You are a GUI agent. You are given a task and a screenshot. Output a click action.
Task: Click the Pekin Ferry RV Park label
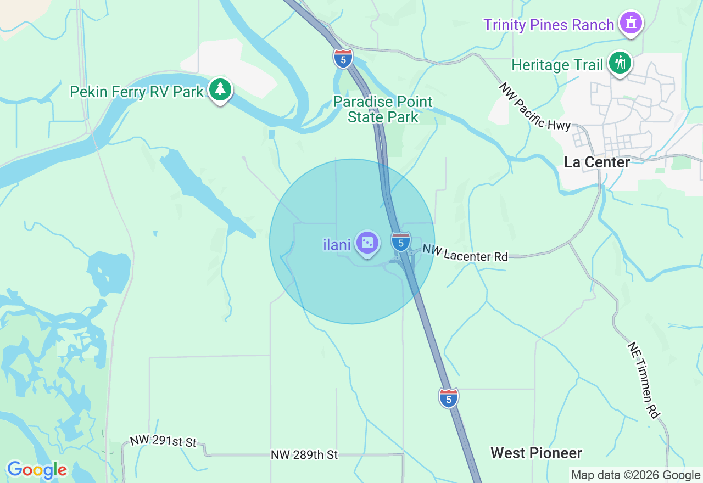[x=137, y=92]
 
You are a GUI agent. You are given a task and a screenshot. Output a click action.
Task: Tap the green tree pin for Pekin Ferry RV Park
[x=220, y=89]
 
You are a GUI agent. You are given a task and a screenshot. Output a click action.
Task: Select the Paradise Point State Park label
[x=383, y=109]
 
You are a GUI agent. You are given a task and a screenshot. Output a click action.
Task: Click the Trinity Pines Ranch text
[x=549, y=25]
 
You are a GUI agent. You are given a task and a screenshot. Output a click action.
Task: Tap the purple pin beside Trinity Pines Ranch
[x=631, y=23]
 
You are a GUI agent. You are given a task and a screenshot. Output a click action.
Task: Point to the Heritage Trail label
[x=557, y=65]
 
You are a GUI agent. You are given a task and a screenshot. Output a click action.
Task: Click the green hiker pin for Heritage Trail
[x=620, y=63]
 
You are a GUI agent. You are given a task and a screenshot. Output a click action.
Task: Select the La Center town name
[x=597, y=162]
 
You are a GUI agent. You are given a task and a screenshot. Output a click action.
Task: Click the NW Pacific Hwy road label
[x=535, y=106]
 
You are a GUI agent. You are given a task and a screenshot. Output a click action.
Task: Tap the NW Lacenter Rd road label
[x=465, y=253]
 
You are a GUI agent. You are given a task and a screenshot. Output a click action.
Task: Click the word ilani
[x=337, y=245]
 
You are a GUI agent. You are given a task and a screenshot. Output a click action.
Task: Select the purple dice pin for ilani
[x=367, y=243]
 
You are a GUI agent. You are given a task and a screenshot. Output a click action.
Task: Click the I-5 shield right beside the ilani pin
[x=401, y=241]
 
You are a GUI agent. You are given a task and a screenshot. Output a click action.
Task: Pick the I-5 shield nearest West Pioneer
[x=449, y=398]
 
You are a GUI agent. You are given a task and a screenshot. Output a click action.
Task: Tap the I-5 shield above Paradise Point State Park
[x=343, y=58]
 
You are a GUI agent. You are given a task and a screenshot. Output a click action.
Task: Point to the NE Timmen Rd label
[x=643, y=380]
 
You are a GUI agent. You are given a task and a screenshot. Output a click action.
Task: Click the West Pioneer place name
[x=536, y=453]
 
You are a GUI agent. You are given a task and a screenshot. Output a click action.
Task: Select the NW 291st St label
[x=163, y=441]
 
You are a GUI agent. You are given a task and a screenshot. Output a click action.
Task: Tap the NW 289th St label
[x=304, y=455]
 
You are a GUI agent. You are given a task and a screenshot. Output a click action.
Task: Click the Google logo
[x=37, y=470]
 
